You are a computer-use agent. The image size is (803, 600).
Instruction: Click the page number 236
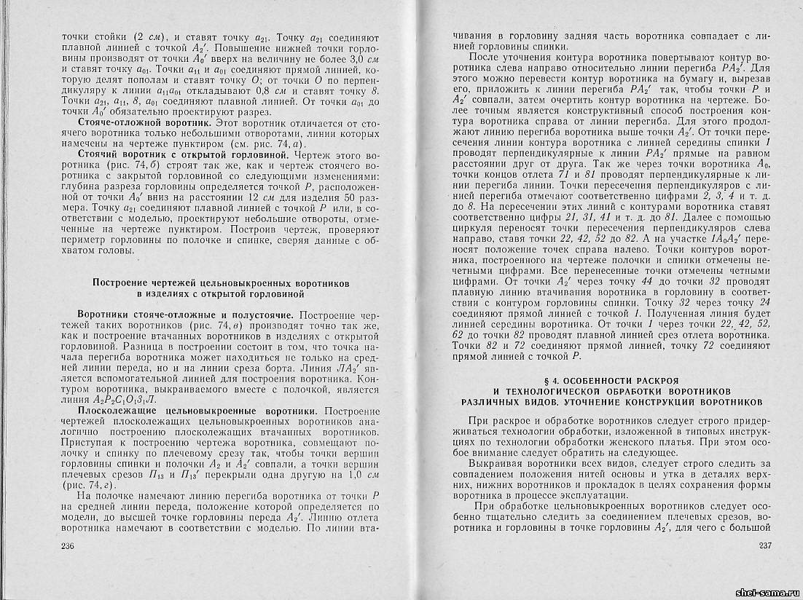point(68,546)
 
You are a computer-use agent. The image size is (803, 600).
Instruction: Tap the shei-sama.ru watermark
point(766,592)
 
